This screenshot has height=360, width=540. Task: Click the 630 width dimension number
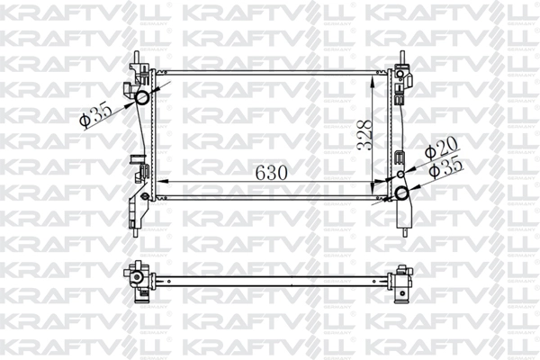tap(271, 173)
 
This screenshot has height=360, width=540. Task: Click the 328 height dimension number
tap(364, 135)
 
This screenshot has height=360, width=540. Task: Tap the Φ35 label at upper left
tap(95, 116)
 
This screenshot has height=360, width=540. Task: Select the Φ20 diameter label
tap(441, 148)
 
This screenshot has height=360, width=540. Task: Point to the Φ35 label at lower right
tap(446, 167)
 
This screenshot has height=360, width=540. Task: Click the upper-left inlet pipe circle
tap(142, 98)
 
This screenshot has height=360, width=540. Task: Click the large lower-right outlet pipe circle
tap(401, 193)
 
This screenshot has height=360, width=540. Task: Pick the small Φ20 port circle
tap(400, 175)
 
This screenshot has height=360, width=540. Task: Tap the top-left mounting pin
tap(137, 58)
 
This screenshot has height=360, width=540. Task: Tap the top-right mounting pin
tap(402, 57)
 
